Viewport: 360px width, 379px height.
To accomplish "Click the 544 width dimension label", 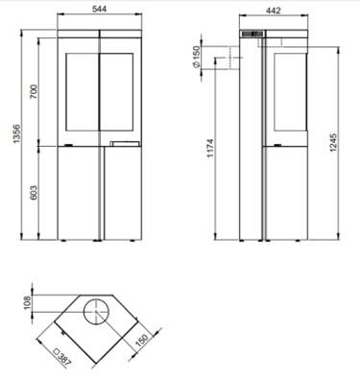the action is point(99,9).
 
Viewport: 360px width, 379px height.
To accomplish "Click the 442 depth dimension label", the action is point(274,11).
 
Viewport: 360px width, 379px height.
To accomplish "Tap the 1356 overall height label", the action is point(16,134).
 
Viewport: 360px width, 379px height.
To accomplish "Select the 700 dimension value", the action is point(34,91).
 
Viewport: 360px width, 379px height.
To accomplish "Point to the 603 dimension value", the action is point(34,193).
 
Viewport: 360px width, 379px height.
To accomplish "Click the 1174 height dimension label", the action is point(210,148).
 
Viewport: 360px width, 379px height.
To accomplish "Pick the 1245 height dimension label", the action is point(333,143).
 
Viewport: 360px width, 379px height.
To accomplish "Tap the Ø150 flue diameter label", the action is point(196,57).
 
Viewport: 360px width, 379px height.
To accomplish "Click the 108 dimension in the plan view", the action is point(27,302).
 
